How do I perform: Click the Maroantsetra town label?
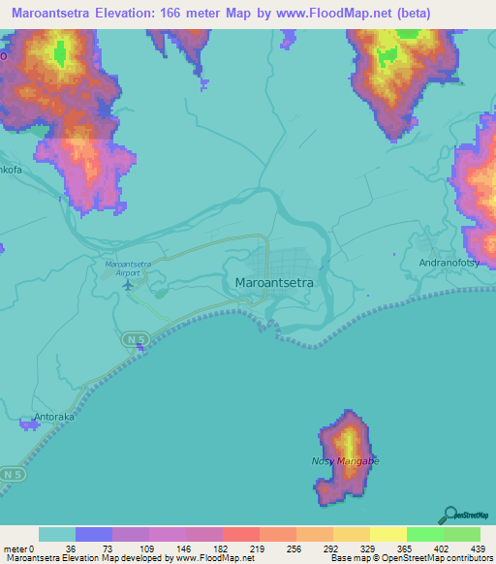click(278, 283)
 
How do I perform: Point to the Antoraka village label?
click(54, 419)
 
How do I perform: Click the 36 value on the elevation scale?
click(69, 548)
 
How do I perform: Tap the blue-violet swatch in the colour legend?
click(94, 534)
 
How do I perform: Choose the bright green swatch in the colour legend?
click(425, 534)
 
